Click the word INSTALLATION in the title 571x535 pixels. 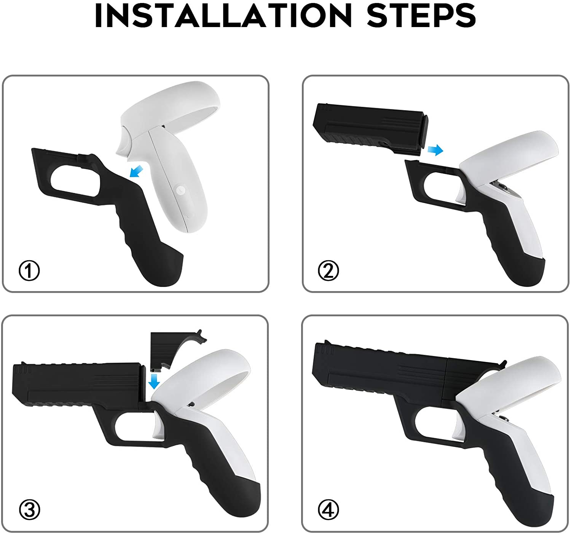[223, 16]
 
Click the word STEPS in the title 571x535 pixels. [421, 16]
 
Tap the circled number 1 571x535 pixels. [29, 270]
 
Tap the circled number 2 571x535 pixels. [329, 270]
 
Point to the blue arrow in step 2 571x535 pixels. [435, 149]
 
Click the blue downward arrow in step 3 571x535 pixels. [154, 381]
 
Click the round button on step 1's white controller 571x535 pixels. [180, 190]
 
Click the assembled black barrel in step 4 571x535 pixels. [380, 372]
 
